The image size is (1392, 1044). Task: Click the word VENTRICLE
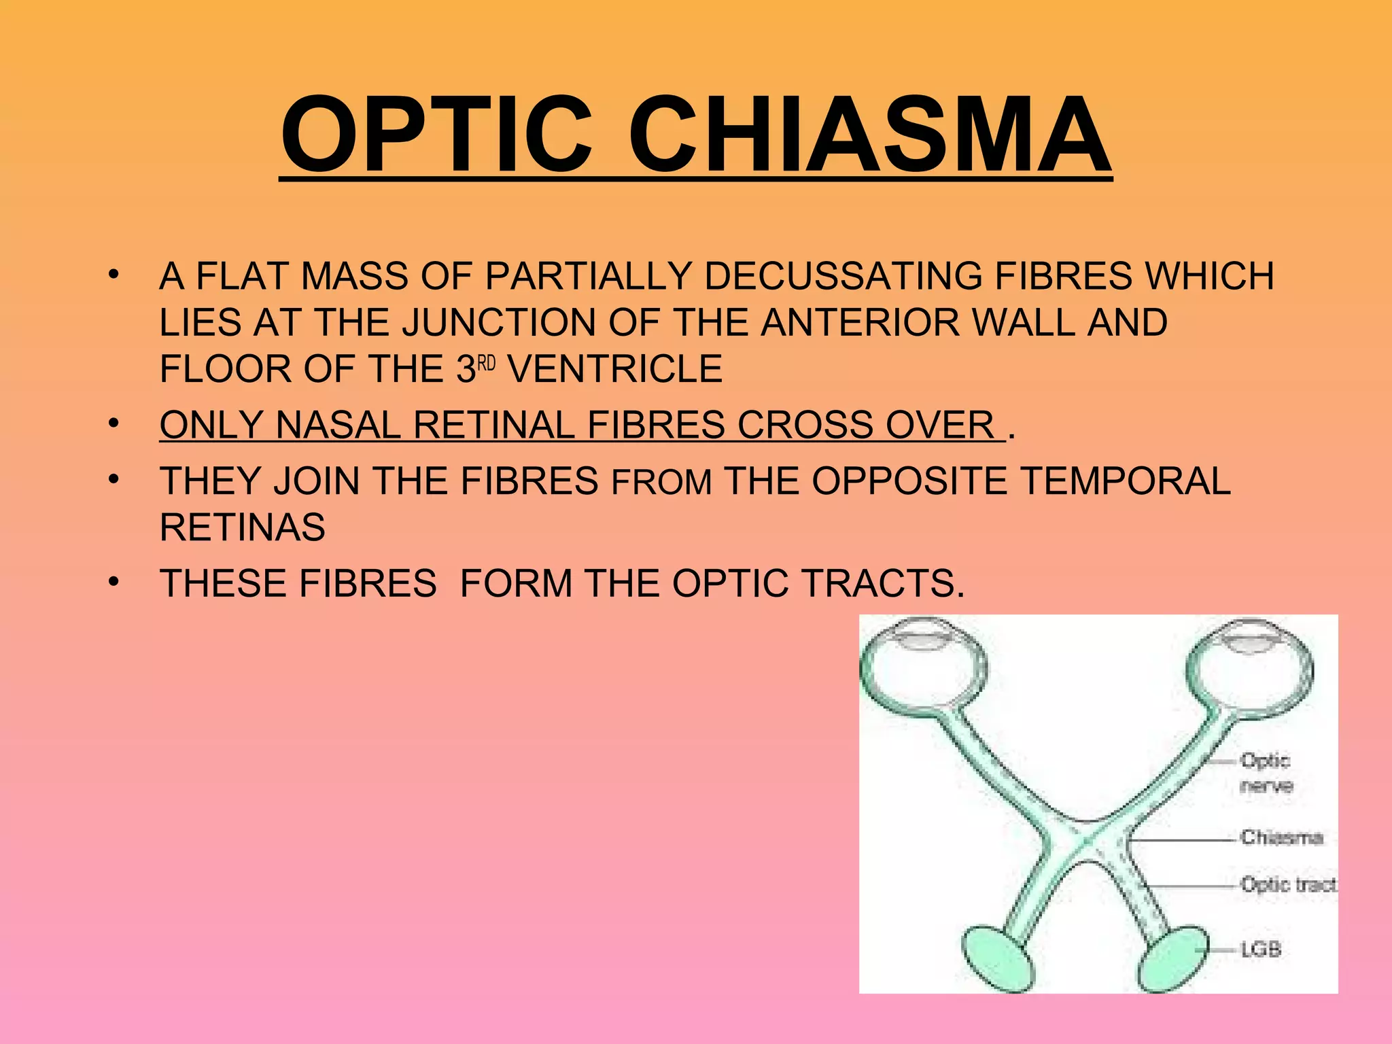tap(615, 369)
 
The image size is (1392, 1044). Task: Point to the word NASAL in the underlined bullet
tap(338, 425)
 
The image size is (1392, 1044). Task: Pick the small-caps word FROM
tap(662, 483)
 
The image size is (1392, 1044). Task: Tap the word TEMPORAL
tap(1126, 481)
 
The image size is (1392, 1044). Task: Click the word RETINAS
tap(243, 527)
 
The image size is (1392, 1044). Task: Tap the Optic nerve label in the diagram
tap(1265, 773)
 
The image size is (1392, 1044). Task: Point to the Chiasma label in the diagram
tap(1281, 837)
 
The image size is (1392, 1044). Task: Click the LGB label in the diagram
tap(1261, 949)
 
